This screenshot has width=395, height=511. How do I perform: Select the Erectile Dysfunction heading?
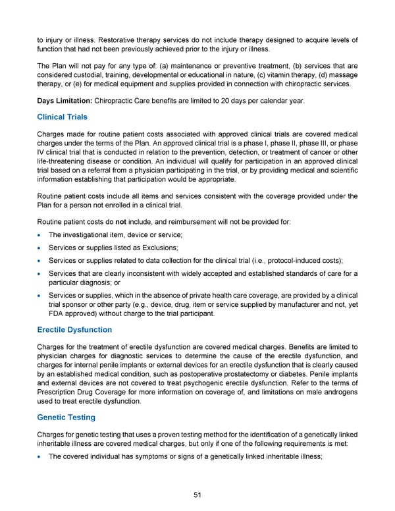coord(74,329)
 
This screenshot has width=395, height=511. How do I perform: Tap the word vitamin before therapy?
coord(280,72)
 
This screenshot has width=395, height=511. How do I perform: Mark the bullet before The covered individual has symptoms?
coord(41,450)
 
